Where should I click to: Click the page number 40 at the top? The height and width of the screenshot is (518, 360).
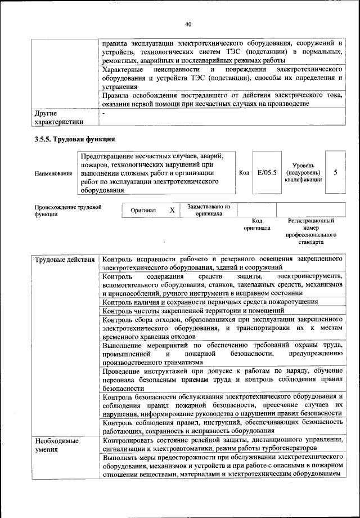pos(188,24)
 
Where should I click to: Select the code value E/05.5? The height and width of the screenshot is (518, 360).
pos(267,172)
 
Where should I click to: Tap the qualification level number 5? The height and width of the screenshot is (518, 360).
pos(336,172)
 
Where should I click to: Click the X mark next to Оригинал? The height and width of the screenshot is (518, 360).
pos(172,210)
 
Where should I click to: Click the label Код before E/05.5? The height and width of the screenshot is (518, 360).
pos(244,173)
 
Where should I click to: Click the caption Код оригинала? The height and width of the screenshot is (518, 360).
pos(257,225)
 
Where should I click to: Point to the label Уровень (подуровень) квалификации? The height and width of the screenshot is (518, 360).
pos(303,172)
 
